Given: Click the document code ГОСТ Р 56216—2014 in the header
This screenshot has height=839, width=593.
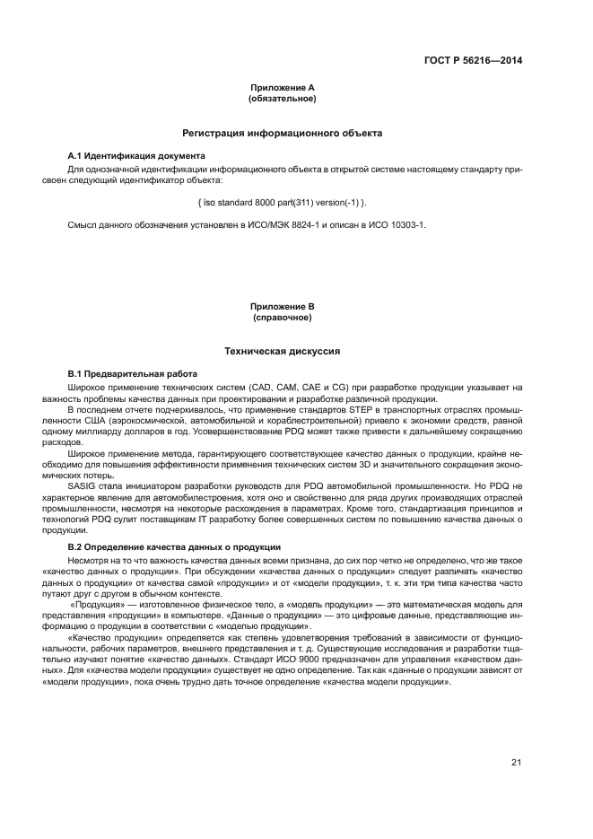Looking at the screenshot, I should click(x=473, y=61).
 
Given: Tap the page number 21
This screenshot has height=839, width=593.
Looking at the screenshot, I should click(x=516, y=763).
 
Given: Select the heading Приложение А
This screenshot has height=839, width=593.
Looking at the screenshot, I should click(x=283, y=88).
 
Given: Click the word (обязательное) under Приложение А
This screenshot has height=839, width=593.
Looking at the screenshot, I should click(x=283, y=98).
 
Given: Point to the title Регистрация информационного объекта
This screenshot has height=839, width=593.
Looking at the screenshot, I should click(x=283, y=133).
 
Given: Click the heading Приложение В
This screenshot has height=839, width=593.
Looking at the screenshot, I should click(x=283, y=307).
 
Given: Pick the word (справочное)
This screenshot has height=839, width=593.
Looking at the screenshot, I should click(x=283, y=318).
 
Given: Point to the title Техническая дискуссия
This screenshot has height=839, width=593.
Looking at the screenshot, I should click(x=283, y=352).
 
